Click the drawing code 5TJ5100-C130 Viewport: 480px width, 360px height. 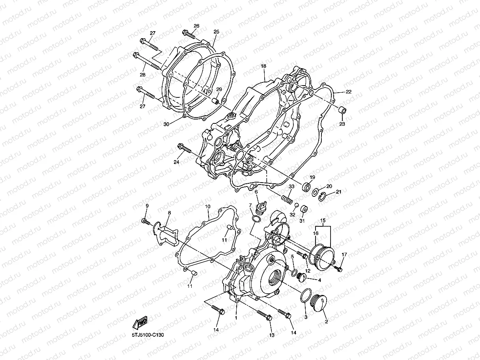coord(148,335)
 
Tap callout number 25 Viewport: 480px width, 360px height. coord(216,32)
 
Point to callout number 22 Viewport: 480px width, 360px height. coord(348,92)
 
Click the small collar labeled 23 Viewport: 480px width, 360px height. coord(343,110)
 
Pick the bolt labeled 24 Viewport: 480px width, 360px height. coord(185,148)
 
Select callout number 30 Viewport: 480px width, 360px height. coord(166,124)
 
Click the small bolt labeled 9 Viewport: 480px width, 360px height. coord(146,222)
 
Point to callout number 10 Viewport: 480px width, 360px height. coord(207,206)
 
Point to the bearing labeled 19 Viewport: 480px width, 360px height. coord(306,186)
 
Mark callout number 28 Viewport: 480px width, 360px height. coord(142,75)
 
